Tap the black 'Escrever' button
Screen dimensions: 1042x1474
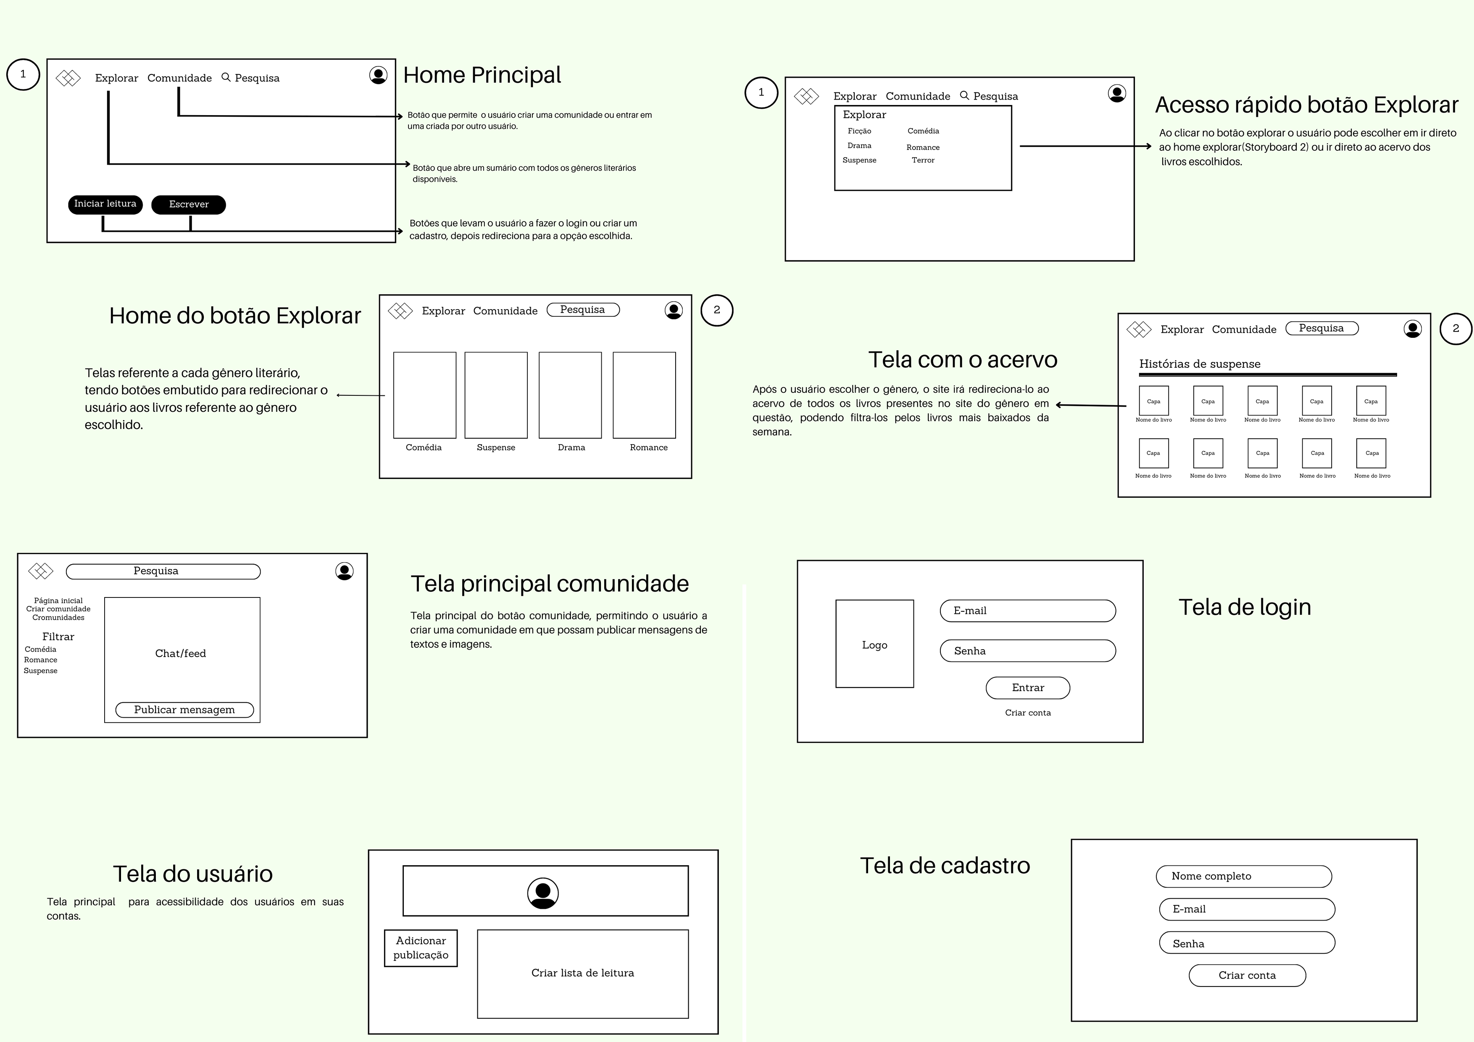pyautogui.click(x=188, y=204)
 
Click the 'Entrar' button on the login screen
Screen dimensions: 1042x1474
pyautogui.click(x=1027, y=688)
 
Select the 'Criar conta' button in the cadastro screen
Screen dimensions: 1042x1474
pyautogui.click(x=1247, y=975)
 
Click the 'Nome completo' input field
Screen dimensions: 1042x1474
pyautogui.click(x=1243, y=876)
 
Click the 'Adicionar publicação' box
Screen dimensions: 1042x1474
pyautogui.click(x=421, y=947)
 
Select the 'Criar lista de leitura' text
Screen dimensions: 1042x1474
pyautogui.click(x=582, y=973)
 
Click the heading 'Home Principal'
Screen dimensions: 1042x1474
pyautogui.click(x=482, y=75)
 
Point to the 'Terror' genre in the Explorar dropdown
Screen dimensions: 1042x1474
pyautogui.click(x=923, y=160)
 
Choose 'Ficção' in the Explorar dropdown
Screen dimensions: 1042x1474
pyautogui.click(x=859, y=131)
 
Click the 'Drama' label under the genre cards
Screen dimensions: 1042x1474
pyautogui.click(x=571, y=447)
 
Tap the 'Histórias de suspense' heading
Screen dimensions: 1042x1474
pyautogui.click(x=1199, y=364)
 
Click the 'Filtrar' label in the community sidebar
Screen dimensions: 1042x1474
pyautogui.click(x=58, y=637)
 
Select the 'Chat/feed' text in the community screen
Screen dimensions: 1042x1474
pyautogui.click(x=180, y=654)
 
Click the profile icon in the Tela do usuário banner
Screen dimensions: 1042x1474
pyautogui.click(x=542, y=893)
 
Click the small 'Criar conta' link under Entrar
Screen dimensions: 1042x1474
pyautogui.click(x=1027, y=713)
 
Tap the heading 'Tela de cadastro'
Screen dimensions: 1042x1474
pyautogui.click(x=945, y=866)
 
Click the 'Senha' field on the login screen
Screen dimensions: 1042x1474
pyautogui.click(x=1027, y=650)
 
